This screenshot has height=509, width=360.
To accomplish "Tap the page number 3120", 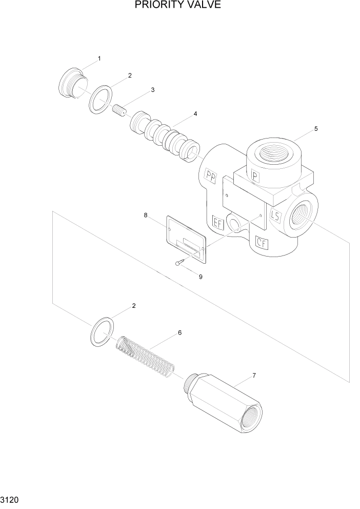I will [10, 499].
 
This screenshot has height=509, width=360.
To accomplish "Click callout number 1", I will [99, 58].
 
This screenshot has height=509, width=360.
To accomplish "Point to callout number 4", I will [195, 114].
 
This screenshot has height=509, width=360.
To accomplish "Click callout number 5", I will [316, 129].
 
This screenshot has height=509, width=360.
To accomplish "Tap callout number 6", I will [179, 332].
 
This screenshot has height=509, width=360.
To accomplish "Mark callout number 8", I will [146, 216].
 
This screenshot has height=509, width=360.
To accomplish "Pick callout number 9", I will [201, 277].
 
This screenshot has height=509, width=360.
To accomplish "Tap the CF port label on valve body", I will [262, 243].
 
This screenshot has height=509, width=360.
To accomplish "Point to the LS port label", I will [275, 217].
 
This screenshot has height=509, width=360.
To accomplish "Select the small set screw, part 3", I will [119, 110].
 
